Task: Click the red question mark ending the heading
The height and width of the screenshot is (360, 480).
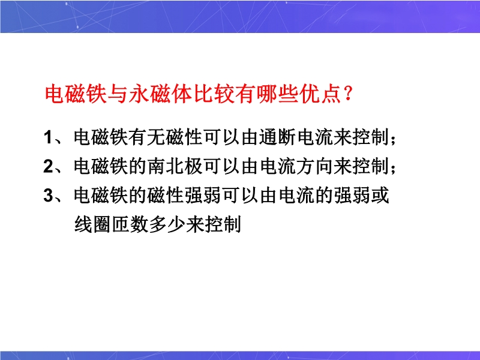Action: tap(348, 94)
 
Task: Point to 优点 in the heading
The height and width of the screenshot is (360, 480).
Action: tap(320, 94)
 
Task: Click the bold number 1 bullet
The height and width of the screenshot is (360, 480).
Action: tap(48, 137)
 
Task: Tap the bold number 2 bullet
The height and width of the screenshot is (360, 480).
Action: tap(49, 166)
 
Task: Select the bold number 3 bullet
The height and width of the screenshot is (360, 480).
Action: tap(49, 196)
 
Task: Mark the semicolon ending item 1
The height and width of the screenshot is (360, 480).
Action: tap(394, 140)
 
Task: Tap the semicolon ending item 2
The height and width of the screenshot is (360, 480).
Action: tap(394, 169)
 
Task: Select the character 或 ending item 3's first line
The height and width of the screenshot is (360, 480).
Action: tap(380, 196)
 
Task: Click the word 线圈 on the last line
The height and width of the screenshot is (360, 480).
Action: tap(92, 224)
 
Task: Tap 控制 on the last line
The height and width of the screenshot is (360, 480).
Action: tap(223, 224)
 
